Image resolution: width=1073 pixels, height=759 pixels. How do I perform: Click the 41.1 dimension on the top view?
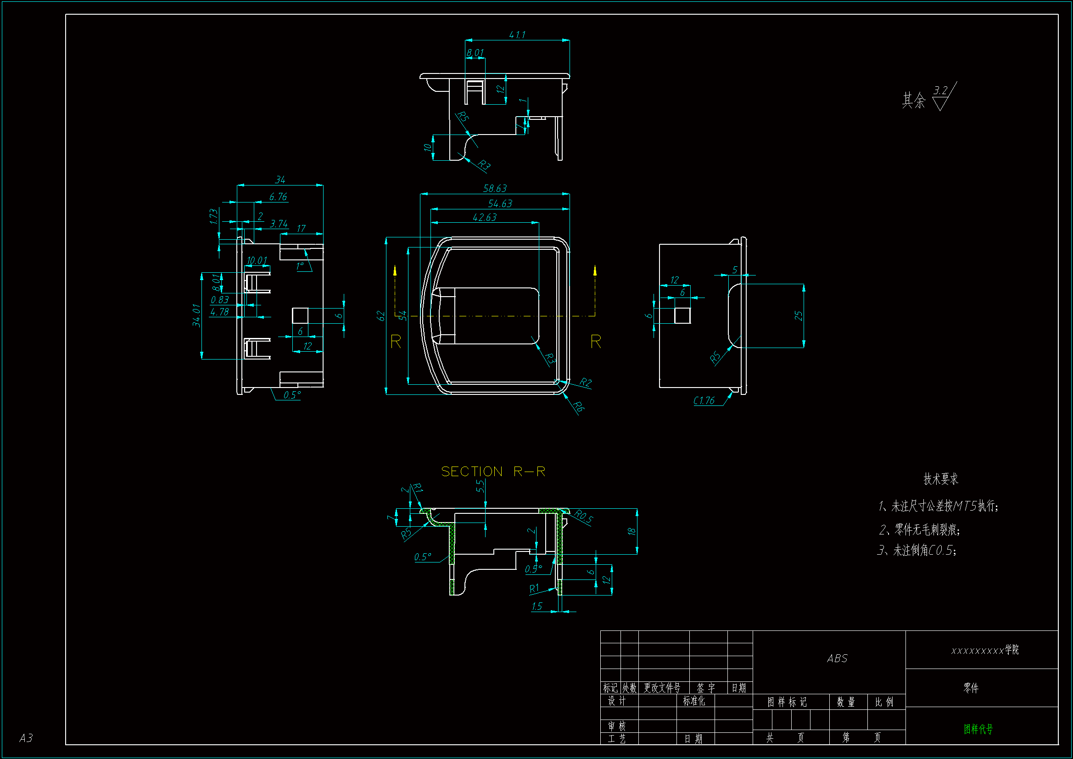point(517,35)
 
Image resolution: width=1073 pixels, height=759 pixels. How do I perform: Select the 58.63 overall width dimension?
point(495,188)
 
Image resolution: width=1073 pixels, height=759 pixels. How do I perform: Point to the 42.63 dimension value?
point(485,218)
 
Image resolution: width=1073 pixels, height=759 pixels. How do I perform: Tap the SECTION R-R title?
point(493,472)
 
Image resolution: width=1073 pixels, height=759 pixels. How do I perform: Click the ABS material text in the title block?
point(837,659)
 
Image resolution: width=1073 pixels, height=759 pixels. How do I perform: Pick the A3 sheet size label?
point(26,738)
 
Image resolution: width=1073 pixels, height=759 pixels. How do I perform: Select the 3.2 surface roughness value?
point(940,90)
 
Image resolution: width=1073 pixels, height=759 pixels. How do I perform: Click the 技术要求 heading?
point(941,479)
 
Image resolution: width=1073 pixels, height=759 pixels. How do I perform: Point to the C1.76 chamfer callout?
point(704,401)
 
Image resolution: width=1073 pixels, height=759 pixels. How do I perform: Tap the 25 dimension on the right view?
point(799,316)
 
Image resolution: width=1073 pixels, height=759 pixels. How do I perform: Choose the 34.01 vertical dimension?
point(196,315)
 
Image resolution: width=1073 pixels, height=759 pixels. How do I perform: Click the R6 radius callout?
point(579,407)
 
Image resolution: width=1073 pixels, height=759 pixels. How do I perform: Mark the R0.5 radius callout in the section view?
point(583,517)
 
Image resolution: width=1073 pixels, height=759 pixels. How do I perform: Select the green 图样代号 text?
point(978,729)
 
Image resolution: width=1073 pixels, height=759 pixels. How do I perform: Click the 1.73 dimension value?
point(213,217)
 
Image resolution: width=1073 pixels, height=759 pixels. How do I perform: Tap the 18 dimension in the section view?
point(632,531)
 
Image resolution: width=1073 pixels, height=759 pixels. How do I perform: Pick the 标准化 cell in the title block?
point(694,701)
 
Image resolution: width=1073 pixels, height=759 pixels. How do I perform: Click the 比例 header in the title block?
point(884,702)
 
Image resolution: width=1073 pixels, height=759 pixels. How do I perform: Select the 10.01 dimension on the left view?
point(257,260)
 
